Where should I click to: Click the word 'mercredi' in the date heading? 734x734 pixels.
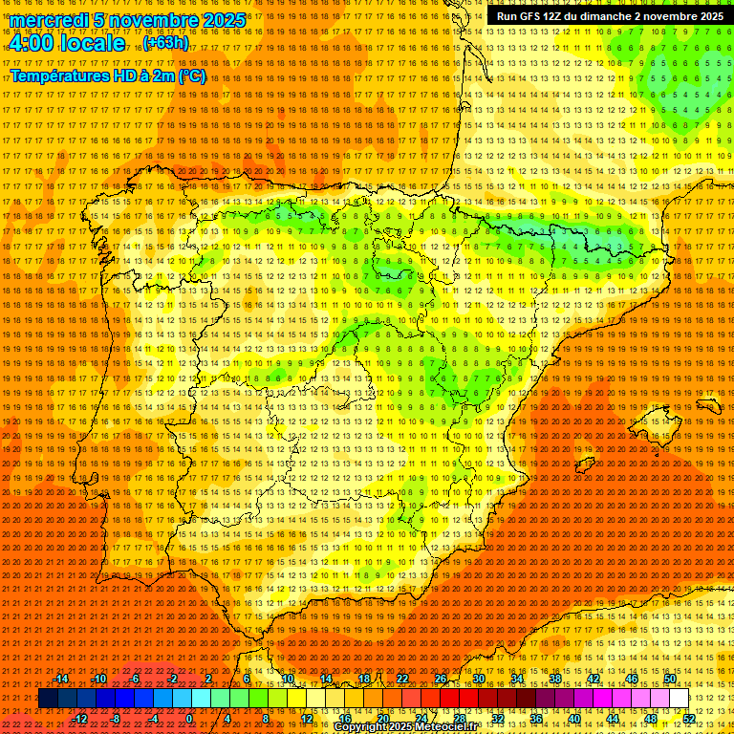(47, 20)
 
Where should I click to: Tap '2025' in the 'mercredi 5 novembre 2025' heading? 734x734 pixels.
(220, 20)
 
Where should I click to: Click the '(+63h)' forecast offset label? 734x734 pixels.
(165, 43)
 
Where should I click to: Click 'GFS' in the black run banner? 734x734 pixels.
(530, 16)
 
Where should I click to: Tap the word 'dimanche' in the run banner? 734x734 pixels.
(624, 16)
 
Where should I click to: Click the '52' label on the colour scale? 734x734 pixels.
(689, 719)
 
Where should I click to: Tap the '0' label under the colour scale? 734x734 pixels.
(189, 719)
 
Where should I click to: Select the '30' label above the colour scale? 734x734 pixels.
(479, 679)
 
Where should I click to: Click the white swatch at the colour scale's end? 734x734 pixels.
(679, 699)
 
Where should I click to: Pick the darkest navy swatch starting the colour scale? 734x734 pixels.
(48, 699)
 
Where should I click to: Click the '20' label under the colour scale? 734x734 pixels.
(382, 719)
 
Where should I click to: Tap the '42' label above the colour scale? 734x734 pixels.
(594, 679)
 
